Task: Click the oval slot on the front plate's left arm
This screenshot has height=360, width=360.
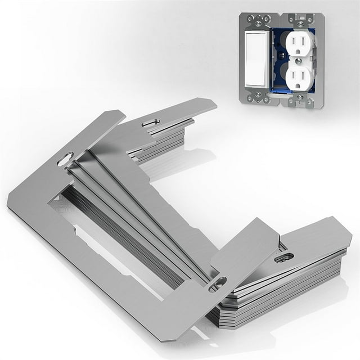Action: (x=65, y=159)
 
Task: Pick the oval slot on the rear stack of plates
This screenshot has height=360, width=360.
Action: (x=150, y=123)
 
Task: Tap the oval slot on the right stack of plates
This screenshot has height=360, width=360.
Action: (x=285, y=258)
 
